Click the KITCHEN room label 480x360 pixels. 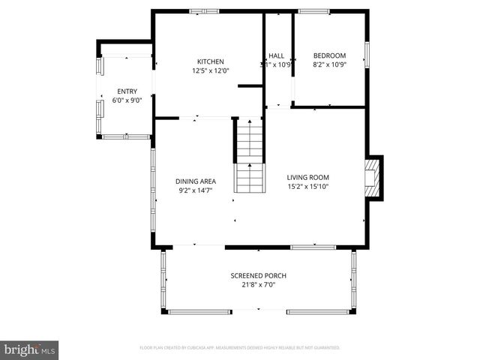(210, 61)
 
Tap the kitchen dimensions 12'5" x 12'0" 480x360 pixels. (210, 70)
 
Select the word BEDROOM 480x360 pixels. (329, 55)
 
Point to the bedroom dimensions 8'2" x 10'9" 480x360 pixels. (329, 64)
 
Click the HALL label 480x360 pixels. (276, 55)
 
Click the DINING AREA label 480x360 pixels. (196, 181)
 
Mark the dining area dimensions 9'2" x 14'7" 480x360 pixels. (196, 190)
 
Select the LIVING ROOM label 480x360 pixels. (308, 177)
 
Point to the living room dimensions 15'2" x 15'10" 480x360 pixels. (308, 187)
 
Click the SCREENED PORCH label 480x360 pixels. (258, 275)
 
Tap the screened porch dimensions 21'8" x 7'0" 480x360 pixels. (258, 285)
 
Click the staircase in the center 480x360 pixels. (250, 157)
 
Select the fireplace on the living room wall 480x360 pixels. (373, 178)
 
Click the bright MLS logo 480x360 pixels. (30, 349)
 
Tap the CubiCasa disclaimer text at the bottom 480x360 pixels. (240, 348)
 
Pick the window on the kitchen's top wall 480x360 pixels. (203, 11)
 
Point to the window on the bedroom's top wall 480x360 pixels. (313, 11)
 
